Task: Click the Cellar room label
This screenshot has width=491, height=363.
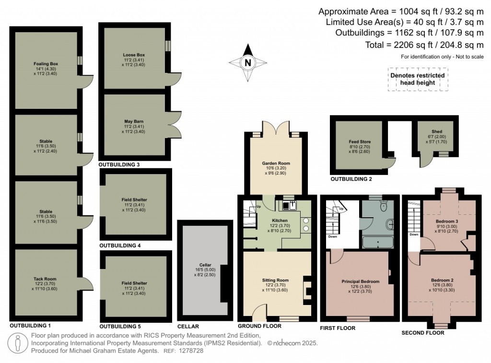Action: (x=205, y=265)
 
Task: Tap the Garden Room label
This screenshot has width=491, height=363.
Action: (x=276, y=164)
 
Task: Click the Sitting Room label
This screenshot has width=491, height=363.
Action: (x=275, y=280)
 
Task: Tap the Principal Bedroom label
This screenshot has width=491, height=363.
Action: (x=361, y=281)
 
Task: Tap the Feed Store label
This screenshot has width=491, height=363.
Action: (x=360, y=142)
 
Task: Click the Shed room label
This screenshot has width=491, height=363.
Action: (x=436, y=132)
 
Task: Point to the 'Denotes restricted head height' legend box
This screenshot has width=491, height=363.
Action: (x=417, y=79)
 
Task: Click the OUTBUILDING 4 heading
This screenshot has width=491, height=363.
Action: (x=119, y=246)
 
